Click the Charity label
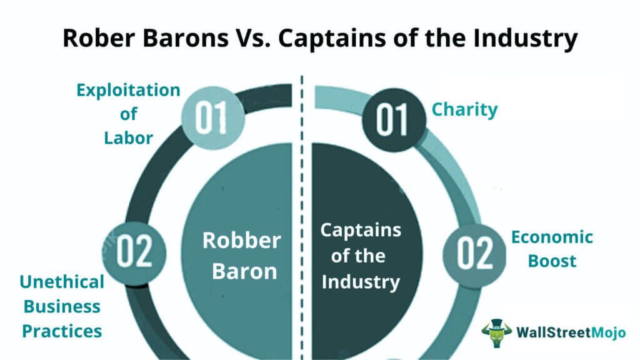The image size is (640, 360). point(465,110)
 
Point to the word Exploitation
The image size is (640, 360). point(129,90)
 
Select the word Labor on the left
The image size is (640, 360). point(129,137)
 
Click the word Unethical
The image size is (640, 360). point(62,282)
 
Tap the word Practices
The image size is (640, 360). point(62,331)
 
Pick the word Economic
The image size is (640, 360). point(552,237)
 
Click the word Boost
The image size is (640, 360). point(552,261)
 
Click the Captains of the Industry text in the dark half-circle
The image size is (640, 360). point(361,256)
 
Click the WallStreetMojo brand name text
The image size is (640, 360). point(570,332)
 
